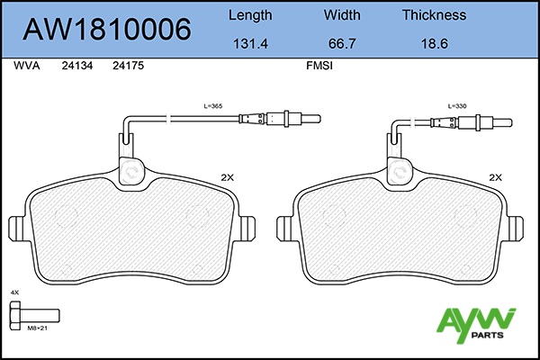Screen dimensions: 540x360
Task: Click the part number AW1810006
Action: click(x=107, y=30)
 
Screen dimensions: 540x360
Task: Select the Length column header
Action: click(x=250, y=15)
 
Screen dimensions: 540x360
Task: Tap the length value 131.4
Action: click(x=250, y=44)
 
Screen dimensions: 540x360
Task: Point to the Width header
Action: click(x=342, y=14)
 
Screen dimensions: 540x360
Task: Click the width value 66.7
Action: click(x=342, y=44)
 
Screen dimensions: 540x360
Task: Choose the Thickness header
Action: click(x=435, y=14)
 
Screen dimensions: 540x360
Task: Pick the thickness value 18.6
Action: click(x=435, y=44)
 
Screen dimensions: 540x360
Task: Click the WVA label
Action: click(x=26, y=66)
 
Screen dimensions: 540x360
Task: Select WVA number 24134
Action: click(x=77, y=66)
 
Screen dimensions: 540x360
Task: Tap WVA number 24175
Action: click(x=128, y=66)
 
